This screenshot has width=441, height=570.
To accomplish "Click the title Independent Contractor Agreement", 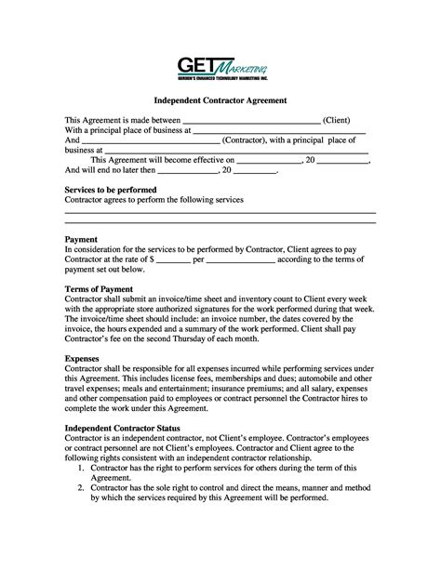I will pyautogui.click(x=220, y=100).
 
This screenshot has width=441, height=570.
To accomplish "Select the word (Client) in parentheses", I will pyautogui.click(x=337, y=120).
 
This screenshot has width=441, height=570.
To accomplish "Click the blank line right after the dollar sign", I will pyautogui.click(x=173, y=261).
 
